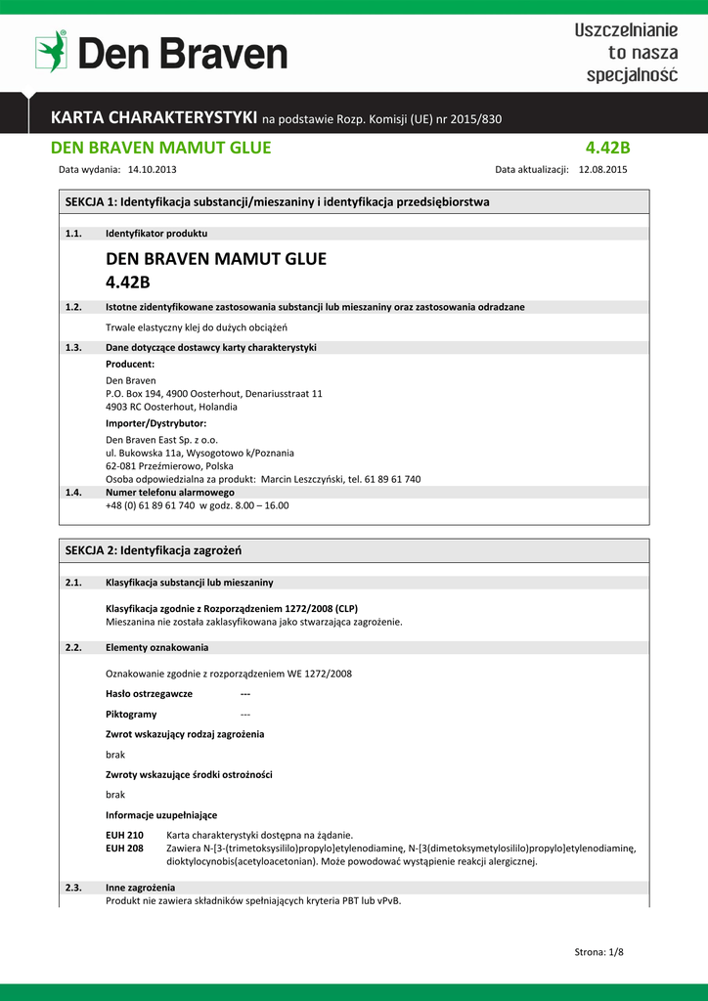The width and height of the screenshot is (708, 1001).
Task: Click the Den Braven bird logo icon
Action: (51, 51)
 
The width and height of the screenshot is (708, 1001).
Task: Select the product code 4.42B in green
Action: (607, 148)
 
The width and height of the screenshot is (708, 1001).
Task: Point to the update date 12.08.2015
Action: (602, 169)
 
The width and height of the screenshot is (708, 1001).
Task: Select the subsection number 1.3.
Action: (72, 347)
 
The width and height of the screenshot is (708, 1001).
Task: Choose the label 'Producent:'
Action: (130, 364)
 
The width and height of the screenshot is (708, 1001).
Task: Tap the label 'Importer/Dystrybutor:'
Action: (155, 423)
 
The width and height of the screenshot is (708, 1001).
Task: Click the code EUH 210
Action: (124, 835)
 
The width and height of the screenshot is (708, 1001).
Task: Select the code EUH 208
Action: (124, 849)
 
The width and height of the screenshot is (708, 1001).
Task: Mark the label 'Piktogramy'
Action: (131, 714)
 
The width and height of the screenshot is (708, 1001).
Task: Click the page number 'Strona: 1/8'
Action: (598, 952)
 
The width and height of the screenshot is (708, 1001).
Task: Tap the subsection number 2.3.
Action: (72, 887)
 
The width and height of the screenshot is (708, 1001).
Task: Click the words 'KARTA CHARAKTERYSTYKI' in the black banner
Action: (155, 118)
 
